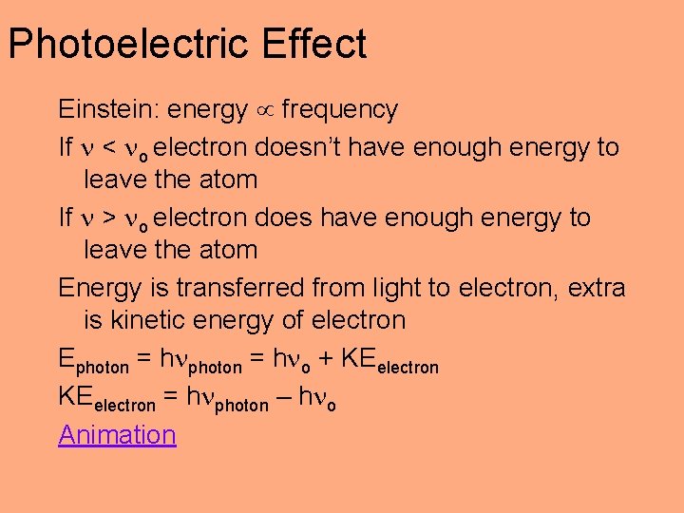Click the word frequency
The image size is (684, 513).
[339, 110]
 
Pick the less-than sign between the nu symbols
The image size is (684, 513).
[107, 148]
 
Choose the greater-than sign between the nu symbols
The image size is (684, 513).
[107, 218]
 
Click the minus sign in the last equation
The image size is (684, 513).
[282, 399]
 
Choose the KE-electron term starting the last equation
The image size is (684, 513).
[105, 400]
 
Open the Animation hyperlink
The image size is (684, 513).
[117, 435]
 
